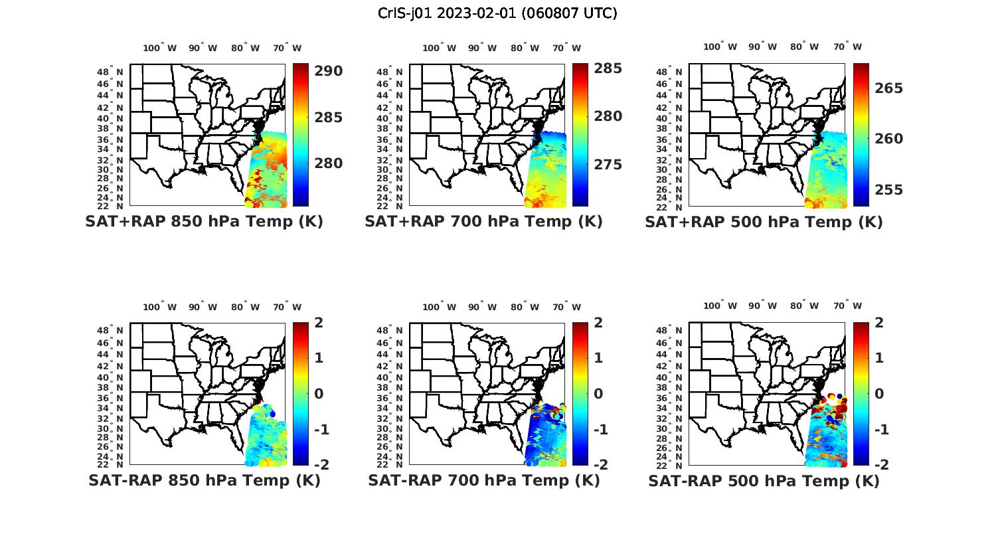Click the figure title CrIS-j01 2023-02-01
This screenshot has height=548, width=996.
497,13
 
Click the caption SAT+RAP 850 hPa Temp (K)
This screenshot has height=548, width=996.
204,222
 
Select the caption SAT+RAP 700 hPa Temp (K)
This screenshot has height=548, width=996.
483,222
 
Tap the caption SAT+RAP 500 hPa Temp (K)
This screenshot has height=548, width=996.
764,222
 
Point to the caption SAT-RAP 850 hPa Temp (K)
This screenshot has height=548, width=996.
204,480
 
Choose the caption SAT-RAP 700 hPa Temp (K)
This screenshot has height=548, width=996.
483,480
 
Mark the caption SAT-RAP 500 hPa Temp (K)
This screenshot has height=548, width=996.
764,480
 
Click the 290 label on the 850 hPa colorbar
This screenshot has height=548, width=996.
328,71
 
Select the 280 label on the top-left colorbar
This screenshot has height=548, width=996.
328,163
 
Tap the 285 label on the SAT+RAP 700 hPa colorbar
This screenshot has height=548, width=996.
608,68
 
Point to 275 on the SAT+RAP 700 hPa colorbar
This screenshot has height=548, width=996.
608,165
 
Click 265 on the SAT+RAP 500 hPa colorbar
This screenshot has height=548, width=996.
888,88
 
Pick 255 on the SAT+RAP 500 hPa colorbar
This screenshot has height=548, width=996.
888,190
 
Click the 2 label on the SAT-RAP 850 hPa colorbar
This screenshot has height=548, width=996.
319,323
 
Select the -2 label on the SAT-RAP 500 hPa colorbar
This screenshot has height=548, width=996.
881,464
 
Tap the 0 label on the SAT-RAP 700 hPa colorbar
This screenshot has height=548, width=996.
598,393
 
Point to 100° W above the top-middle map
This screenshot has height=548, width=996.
439,48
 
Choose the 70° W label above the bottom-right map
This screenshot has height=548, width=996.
847,306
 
